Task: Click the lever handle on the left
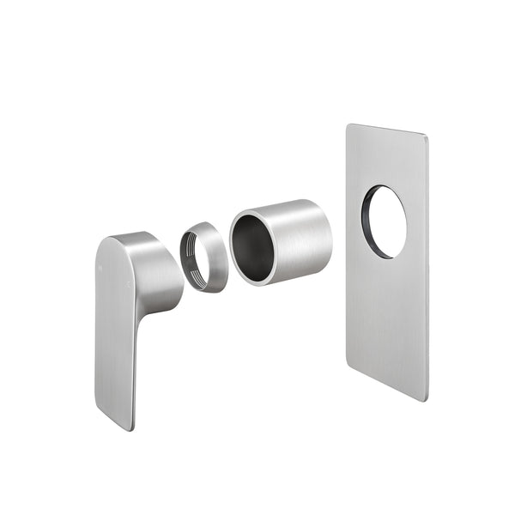pos(120,326)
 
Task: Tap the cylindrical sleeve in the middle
pos(283,240)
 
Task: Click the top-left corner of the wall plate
pos(349,127)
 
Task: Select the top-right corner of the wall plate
pos(425,136)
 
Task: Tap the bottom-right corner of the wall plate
pos(424,398)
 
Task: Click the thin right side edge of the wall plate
pos(427,266)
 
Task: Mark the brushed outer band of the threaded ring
pos(216,257)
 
